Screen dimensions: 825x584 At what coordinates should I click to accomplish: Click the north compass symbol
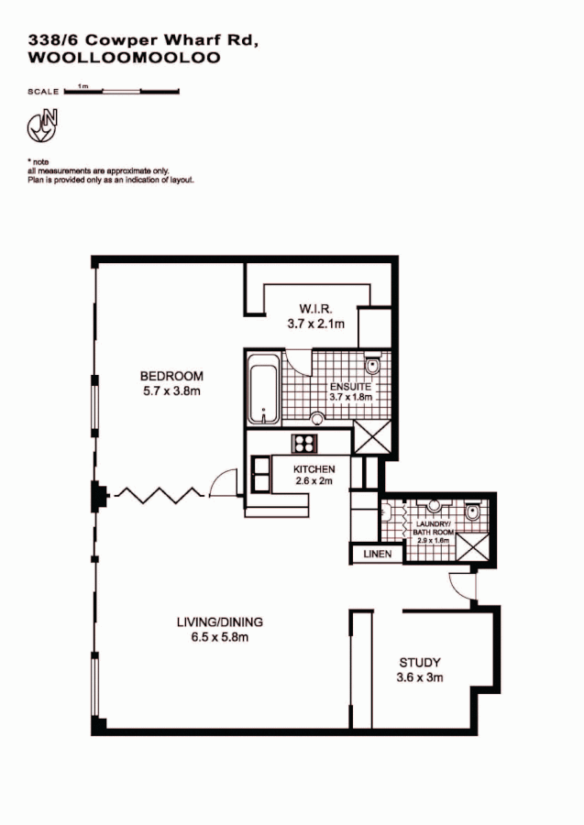pos(42,125)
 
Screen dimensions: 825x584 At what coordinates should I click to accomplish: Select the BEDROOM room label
pos(171,376)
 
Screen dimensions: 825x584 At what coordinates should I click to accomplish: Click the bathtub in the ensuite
pos(264,394)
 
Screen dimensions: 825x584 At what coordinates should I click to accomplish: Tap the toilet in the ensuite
pos(372,367)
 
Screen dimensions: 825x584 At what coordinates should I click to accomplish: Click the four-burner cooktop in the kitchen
pos(303,444)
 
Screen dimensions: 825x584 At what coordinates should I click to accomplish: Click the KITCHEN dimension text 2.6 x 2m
pos(314,481)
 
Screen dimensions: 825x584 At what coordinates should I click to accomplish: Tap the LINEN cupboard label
pos(377,555)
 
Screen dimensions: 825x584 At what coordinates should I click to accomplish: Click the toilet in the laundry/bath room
pos(471,511)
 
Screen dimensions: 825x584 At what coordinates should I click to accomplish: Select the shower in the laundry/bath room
pos(473,547)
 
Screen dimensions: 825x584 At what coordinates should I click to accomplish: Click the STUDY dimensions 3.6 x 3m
pos(420,677)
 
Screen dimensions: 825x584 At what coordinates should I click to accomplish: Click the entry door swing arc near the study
pos(458,584)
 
